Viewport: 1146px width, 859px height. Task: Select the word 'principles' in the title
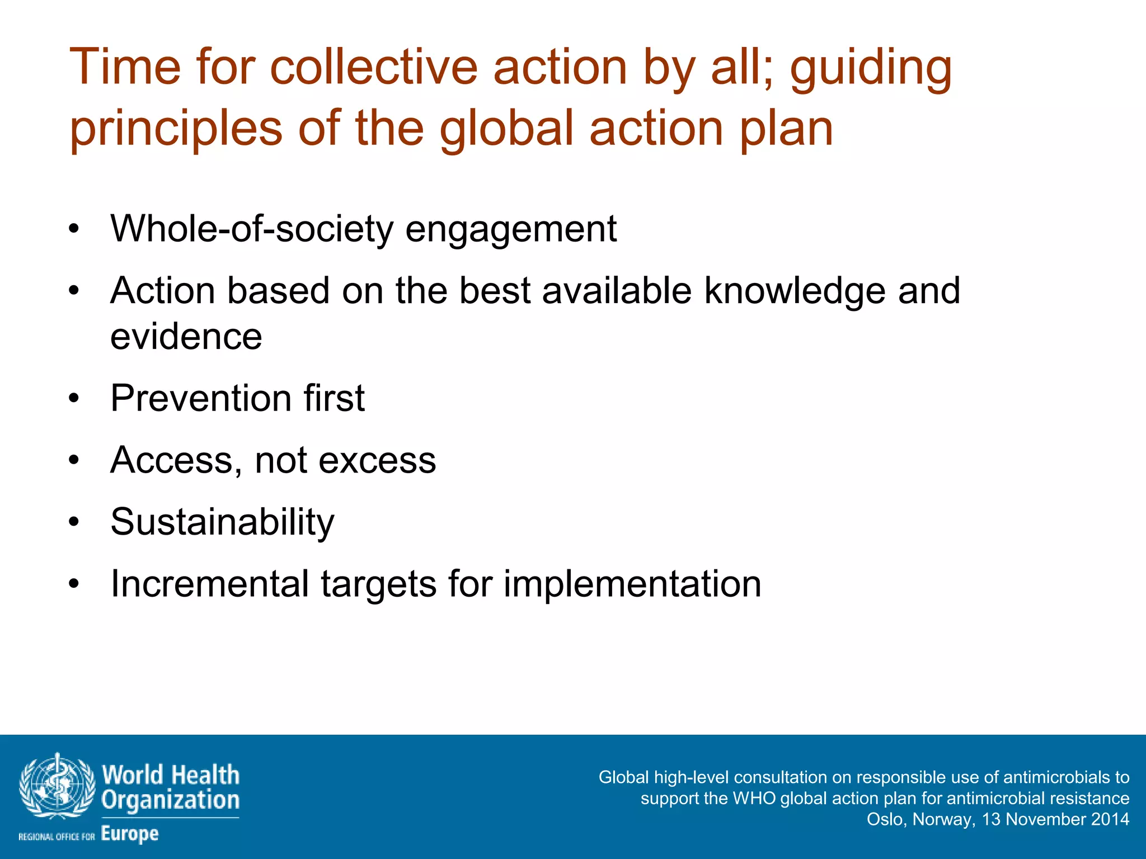click(x=176, y=130)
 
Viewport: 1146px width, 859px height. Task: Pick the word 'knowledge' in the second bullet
click(x=795, y=291)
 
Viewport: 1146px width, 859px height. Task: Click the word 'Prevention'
click(x=200, y=398)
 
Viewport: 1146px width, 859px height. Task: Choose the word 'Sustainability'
click(x=222, y=522)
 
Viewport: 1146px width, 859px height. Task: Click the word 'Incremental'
click(x=210, y=584)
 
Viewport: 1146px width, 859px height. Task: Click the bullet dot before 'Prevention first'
click(x=74, y=399)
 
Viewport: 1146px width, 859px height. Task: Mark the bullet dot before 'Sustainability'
click(x=74, y=522)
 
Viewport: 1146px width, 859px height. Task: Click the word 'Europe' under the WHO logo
click(x=130, y=834)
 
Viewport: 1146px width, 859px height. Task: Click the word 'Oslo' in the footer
click(x=884, y=819)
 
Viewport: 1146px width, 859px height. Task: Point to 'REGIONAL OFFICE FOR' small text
click(x=57, y=837)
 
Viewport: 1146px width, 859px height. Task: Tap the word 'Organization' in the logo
click(x=170, y=800)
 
